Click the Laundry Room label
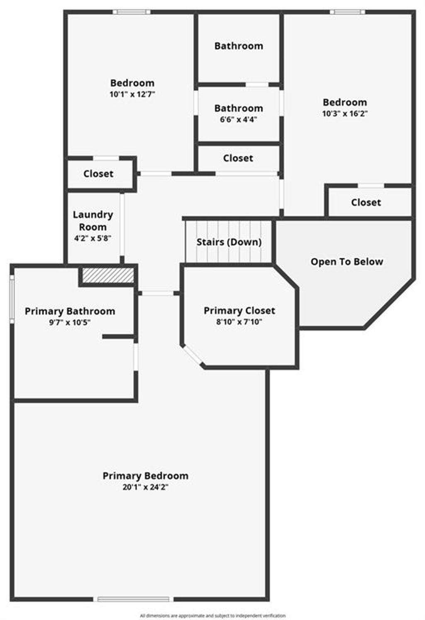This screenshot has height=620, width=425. coord(93,221)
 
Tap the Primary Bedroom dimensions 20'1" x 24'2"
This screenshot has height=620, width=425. coord(146,487)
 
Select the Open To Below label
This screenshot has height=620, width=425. coord(347,262)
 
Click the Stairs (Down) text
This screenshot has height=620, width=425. coord(229,242)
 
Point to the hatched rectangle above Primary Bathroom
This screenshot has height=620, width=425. coord(108,275)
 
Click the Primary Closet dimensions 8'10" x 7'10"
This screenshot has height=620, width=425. coord(239,322)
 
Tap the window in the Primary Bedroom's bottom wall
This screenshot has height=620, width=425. coord(133,599)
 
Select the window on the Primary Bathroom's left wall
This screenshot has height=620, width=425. coord(12,299)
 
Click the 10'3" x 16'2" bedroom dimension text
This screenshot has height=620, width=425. coord(345,114)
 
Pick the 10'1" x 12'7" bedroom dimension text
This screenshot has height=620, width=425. coord(132,94)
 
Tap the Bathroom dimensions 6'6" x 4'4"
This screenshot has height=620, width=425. coord(239,120)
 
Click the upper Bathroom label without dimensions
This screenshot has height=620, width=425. coord(239,46)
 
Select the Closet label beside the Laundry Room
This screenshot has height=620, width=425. coord(98,174)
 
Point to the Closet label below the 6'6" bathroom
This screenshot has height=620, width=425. coord(238,158)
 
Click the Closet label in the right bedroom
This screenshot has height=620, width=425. coord(366,202)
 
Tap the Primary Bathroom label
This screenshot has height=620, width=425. coord(70,311)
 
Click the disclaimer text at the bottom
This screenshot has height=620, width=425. coord(212,615)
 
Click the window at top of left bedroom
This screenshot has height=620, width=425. coord(132,12)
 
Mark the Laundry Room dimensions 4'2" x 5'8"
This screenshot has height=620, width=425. coord(93,238)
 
